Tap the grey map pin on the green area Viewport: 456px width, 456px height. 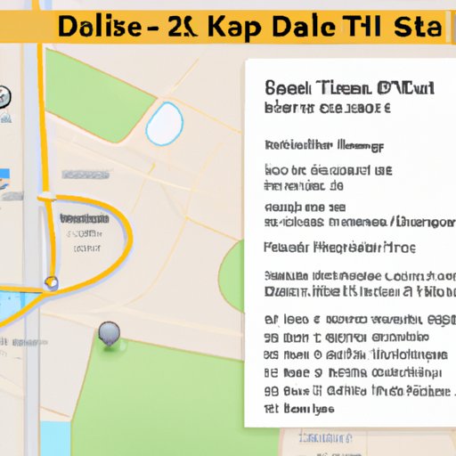(109, 333)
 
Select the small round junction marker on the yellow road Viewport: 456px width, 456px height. (53, 283)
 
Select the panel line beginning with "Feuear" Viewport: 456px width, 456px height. (339, 248)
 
